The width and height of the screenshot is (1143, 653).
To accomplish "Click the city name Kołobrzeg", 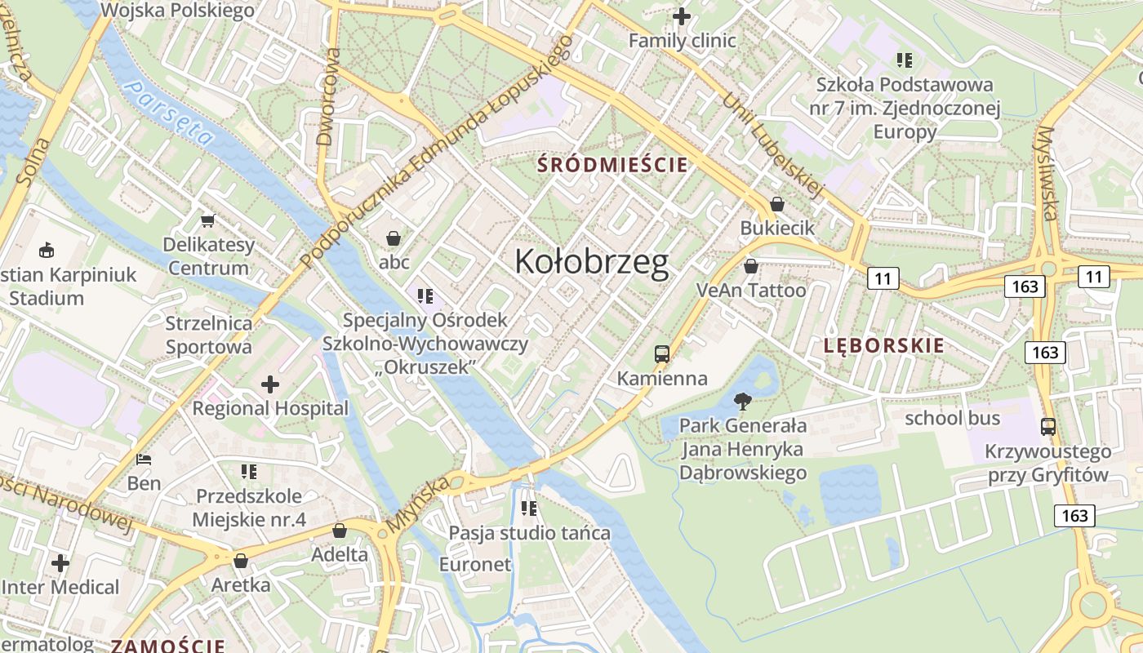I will [x=592, y=262].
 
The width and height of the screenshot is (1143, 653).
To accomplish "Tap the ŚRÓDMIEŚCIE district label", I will [x=612, y=165].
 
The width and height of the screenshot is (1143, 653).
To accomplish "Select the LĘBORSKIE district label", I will [x=884, y=345].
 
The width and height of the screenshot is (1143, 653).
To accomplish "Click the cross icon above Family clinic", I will [x=682, y=16].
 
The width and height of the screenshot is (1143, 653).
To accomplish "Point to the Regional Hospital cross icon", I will [x=270, y=384].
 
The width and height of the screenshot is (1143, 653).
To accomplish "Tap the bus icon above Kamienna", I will [x=662, y=354].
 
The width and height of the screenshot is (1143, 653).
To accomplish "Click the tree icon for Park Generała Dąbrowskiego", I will [x=743, y=401].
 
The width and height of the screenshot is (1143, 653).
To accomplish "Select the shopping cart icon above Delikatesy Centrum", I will [x=208, y=220].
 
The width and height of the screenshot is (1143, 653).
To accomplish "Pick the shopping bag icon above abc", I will [x=394, y=238].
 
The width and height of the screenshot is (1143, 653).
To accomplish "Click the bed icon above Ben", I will [x=145, y=459].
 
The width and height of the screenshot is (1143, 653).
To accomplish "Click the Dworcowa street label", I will [x=328, y=96].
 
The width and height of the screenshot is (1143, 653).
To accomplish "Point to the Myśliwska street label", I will [x=1047, y=173].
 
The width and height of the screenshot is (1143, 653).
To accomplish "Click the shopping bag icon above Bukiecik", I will [x=777, y=204].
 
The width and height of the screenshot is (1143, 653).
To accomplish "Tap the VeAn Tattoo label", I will [x=751, y=291].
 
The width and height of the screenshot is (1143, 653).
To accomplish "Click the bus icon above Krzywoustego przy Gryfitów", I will [x=1048, y=427].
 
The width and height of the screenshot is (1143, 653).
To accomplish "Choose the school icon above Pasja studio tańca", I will [x=529, y=509].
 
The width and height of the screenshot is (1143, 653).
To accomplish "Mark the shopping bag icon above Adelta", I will [x=340, y=531].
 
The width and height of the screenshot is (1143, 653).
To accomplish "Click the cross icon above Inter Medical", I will [x=60, y=562].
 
